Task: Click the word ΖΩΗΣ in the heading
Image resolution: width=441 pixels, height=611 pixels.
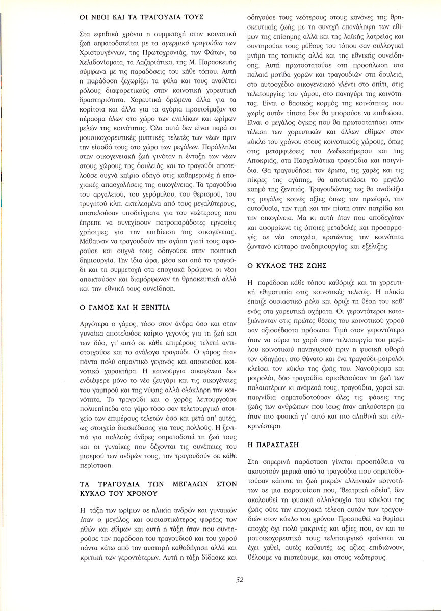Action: [315, 266]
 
